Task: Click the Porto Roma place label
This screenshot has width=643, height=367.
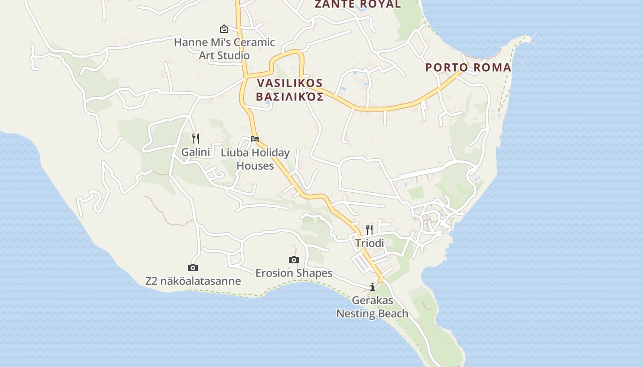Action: point(468,67)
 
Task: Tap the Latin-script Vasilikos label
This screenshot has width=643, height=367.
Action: point(290,83)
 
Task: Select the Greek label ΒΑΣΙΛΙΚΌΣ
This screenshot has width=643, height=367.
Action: point(290,96)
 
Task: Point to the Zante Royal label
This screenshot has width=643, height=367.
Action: point(357,4)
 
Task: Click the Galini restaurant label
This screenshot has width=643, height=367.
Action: point(196,152)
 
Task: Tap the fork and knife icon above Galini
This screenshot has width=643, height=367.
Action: point(196,138)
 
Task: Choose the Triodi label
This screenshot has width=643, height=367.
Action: point(369,243)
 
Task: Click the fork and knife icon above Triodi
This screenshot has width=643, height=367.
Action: point(369,229)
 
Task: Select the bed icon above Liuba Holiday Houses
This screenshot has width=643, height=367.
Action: point(255,139)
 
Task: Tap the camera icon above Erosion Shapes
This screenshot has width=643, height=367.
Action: point(294,260)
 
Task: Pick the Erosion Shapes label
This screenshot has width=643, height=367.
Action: point(294,273)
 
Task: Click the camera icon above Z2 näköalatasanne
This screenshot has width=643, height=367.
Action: point(193,267)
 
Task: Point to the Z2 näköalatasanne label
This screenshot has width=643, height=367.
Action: point(193,281)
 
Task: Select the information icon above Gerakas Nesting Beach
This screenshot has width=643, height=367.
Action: point(372,287)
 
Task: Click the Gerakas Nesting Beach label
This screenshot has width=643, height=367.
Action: point(372,307)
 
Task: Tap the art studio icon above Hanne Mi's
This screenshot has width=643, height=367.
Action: point(224,29)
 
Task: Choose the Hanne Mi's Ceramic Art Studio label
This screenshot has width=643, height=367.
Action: point(224,49)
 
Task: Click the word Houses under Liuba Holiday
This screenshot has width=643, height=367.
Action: point(255,166)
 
